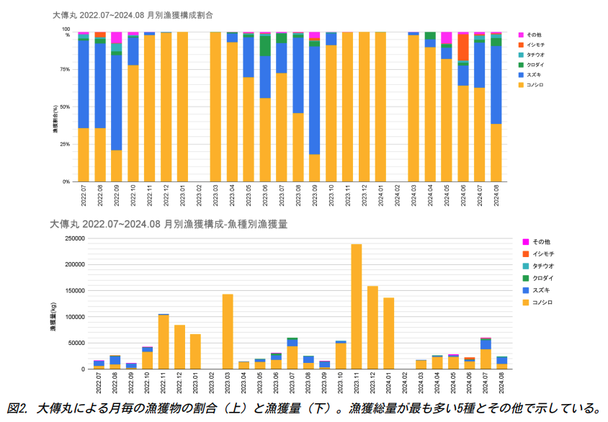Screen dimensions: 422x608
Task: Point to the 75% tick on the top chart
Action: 65,70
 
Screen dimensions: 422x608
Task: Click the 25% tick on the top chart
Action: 65,145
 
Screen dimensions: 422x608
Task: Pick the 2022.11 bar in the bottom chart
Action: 164,341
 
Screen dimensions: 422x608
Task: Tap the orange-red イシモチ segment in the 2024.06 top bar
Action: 463,48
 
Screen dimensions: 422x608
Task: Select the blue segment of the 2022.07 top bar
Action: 84,83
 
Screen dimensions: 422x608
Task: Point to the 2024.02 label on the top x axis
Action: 398,196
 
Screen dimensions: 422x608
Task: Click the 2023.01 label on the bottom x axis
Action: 196,381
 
